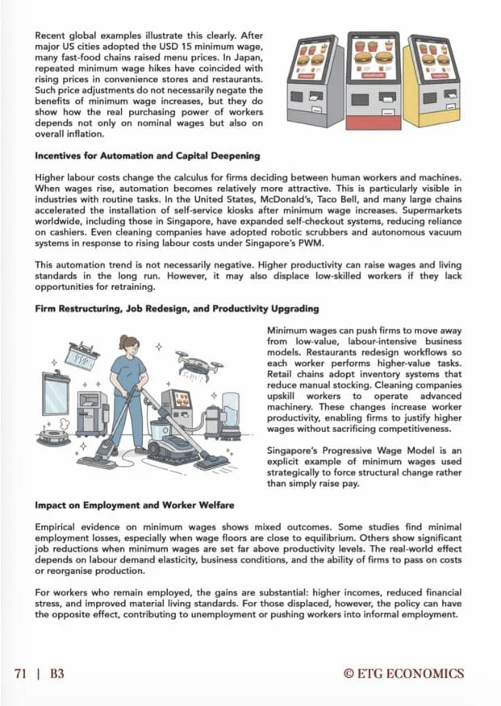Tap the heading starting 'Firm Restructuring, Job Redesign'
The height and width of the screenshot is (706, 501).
pos(176,309)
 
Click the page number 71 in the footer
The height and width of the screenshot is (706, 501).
pos(23,673)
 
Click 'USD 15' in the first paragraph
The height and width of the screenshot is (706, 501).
pos(171,48)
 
